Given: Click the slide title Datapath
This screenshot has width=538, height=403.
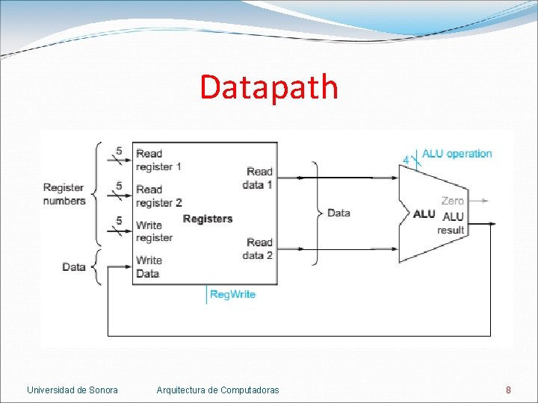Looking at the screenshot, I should pos(269,87).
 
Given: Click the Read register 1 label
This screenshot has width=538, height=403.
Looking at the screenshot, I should pos(158,160).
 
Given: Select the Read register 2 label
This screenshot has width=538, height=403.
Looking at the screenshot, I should pos(158,196).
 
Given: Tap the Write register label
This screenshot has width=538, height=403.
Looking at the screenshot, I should pos(154,231).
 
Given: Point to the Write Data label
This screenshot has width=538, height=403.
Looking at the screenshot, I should pos(149,266).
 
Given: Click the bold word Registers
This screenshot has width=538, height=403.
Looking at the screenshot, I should pos(208,219).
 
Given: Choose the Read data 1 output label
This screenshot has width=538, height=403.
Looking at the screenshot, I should pos(259,178).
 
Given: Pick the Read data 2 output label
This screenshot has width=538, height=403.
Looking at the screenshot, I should pos(259,249).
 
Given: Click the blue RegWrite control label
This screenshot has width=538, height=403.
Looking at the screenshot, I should pos(232,294).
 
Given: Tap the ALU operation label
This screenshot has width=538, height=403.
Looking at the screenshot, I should pos(457,154).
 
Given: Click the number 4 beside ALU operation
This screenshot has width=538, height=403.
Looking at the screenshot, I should pos(406,160).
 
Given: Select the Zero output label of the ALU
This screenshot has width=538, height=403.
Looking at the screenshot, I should pos(452,201).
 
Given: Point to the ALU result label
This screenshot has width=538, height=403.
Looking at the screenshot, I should pos(452,223).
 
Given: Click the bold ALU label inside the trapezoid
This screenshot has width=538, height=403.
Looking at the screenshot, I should pos(424,214).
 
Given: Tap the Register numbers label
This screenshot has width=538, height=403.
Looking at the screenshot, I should pos(64,194).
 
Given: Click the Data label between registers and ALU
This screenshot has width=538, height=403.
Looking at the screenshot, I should pos(338,213).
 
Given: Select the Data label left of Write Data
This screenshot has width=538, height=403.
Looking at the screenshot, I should pos(73,266).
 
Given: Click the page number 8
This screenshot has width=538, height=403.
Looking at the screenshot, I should pos(508,390).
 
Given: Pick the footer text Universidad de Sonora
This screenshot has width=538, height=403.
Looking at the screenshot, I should pos(72,390).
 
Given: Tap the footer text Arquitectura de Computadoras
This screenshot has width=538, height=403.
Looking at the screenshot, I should pos(217,390).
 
